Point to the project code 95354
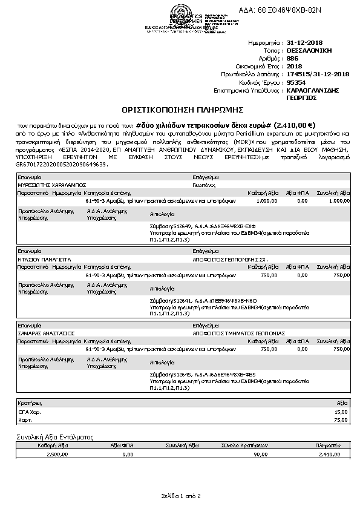point(296,82)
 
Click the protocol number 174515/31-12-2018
point(318,74)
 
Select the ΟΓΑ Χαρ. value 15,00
point(342,412)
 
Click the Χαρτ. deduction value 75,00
point(342,419)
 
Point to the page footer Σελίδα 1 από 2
point(180,496)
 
